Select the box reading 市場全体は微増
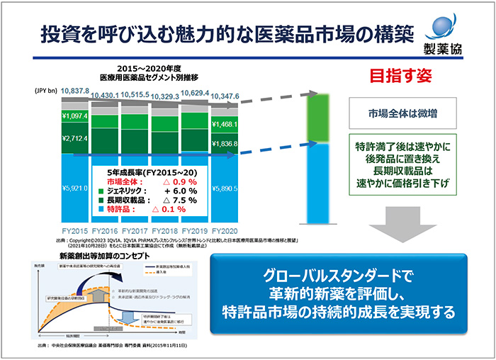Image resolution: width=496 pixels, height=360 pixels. [396, 113]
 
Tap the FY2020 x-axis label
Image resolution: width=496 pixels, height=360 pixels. [226, 231]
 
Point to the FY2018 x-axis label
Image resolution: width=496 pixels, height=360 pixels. [166, 231]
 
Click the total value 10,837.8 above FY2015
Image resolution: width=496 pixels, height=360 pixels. [75, 91]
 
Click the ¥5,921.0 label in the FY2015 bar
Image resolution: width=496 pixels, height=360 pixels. [74, 189]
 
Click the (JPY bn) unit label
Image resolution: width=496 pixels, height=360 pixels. [45, 91]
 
